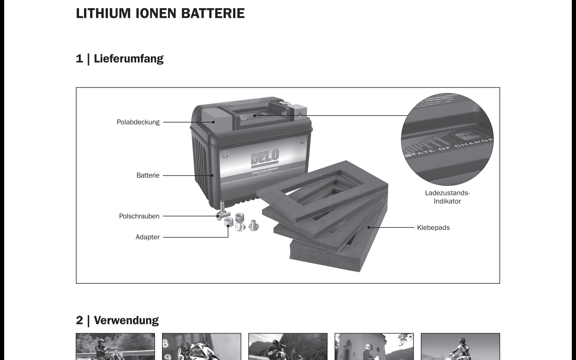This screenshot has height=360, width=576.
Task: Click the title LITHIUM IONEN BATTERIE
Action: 160,13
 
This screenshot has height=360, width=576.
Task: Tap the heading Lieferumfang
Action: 128,58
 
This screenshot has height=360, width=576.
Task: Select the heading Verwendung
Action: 126,320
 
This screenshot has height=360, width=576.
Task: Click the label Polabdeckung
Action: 138,122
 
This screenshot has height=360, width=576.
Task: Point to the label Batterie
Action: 148,175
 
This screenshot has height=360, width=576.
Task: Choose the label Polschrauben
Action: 139,216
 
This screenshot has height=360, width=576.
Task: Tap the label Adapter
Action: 147,237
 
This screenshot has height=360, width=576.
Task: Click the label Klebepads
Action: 433,227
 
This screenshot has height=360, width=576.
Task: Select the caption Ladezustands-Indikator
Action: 447,197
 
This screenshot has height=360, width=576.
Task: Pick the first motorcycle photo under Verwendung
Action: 115,346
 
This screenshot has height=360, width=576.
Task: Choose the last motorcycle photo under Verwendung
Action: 460,346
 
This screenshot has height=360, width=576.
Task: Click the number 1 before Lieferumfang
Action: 79,58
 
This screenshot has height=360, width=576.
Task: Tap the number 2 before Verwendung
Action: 79,320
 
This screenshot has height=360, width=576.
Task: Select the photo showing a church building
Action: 374,346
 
